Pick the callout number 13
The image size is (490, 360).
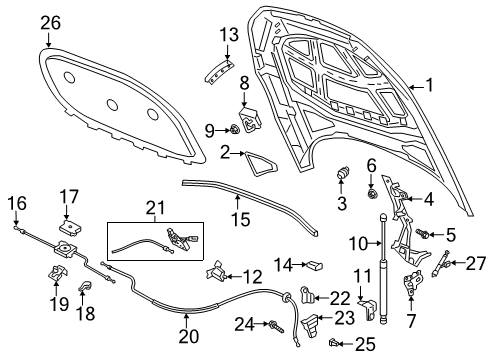coord(228,36)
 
